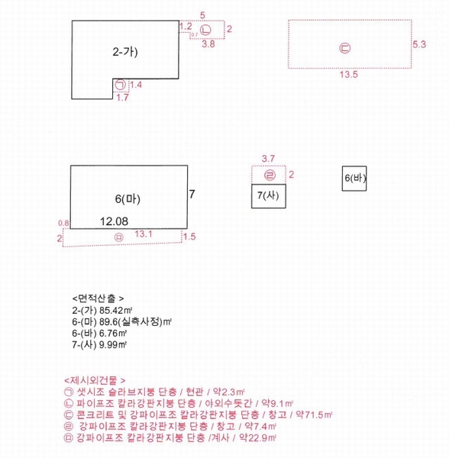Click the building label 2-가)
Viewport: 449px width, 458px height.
click(x=125, y=52)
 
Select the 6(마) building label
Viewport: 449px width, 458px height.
click(x=128, y=199)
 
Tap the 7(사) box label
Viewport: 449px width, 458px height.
click(x=268, y=195)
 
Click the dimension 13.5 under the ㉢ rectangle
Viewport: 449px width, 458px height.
click(x=348, y=75)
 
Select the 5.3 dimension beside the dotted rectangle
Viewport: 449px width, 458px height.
click(x=419, y=44)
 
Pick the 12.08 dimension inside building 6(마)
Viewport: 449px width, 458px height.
click(x=114, y=221)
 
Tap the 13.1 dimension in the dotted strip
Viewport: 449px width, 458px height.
click(x=143, y=234)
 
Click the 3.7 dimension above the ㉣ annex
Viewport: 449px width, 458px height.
click(x=268, y=159)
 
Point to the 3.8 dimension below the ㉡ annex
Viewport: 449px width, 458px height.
click(x=208, y=44)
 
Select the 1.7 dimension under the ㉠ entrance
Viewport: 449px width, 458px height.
click(x=122, y=97)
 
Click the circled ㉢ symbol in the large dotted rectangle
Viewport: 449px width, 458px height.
click(x=344, y=48)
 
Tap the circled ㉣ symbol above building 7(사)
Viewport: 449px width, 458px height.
click(x=270, y=176)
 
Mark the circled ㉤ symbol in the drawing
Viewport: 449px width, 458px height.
click(x=119, y=237)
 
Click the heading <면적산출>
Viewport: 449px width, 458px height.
click(x=99, y=298)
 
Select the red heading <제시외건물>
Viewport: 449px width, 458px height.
click(x=95, y=380)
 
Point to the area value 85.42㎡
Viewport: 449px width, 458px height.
click(x=115, y=310)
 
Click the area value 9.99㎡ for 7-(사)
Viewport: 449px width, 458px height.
click(x=113, y=345)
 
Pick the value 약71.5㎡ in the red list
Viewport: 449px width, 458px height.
click(x=314, y=414)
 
